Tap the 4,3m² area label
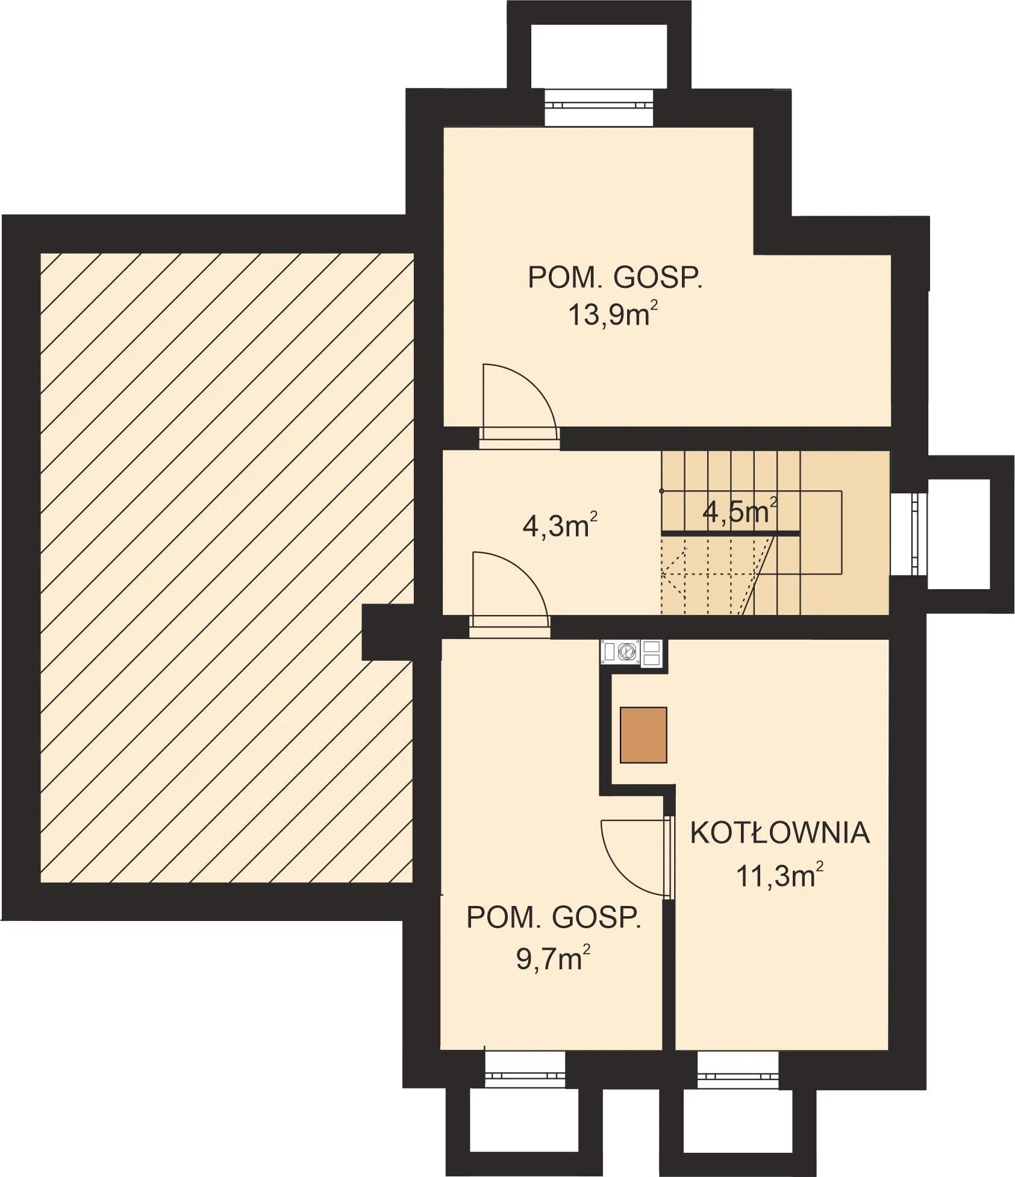point(560,525)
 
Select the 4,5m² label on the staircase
point(740,511)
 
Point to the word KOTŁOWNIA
point(779,833)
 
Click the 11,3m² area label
point(779,875)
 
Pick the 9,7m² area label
point(553,959)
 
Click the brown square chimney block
point(643,735)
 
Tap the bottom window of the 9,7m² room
point(525,1069)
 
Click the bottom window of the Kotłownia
point(737,1069)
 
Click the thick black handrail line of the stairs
point(730,534)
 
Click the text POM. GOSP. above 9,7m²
point(554,917)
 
